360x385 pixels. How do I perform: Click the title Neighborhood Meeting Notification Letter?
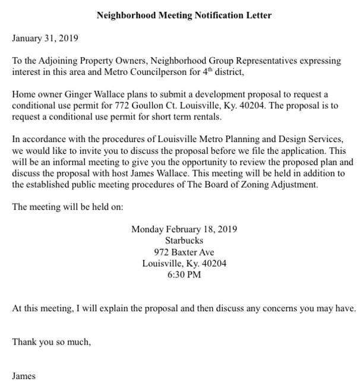tap(184, 15)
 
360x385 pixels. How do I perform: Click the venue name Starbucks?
tap(184, 241)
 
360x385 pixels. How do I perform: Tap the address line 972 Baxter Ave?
tap(184, 252)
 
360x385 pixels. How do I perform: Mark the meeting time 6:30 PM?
tap(184, 274)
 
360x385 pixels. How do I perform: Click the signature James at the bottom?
tap(24, 376)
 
